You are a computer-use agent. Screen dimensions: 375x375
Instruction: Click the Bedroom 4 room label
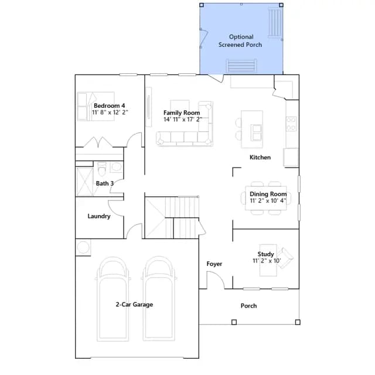(110, 105)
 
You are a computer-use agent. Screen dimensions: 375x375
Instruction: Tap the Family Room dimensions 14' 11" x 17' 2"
(183, 120)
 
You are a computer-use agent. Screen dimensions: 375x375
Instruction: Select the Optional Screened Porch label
(240, 40)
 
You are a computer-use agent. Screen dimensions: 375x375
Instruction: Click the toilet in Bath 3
(102, 168)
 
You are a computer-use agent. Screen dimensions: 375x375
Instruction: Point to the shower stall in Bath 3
(84, 182)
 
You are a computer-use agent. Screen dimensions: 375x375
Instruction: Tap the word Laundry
(99, 216)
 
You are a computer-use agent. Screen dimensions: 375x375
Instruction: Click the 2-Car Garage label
(134, 305)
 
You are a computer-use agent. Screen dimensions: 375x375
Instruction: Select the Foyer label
(214, 264)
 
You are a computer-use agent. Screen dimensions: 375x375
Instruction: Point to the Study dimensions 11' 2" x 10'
(267, 261)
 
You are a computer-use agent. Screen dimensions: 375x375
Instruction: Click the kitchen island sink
(256, 132)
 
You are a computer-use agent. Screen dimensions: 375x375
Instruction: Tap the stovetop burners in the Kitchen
(291, 124)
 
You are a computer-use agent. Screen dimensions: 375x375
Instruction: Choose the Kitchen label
(260, 158)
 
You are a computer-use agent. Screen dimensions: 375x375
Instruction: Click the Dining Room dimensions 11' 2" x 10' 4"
(268, 200)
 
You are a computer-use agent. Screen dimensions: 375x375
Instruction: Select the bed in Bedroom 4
(96, 106)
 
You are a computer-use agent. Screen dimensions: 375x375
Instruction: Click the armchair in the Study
(285, 258)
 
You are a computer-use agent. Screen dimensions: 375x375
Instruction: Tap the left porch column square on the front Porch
(234, 322)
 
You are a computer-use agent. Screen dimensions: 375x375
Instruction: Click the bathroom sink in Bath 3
(117, 167)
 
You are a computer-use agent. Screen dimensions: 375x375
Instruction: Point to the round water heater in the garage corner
(83, 247)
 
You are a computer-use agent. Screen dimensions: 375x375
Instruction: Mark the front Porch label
(248, 306)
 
